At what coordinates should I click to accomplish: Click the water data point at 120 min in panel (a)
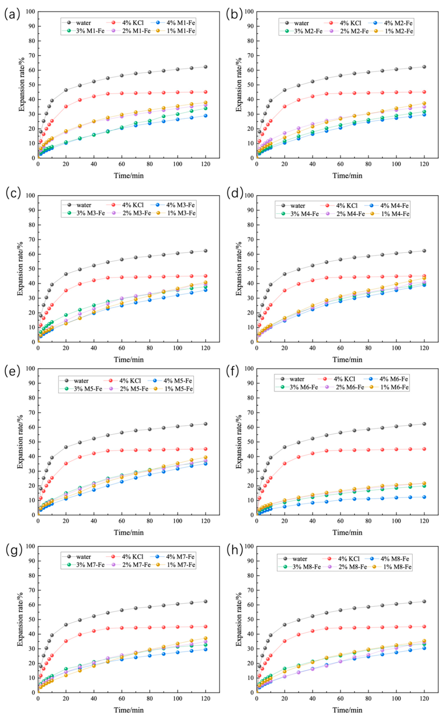206,67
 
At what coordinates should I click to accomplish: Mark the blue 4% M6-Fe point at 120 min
424,497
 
